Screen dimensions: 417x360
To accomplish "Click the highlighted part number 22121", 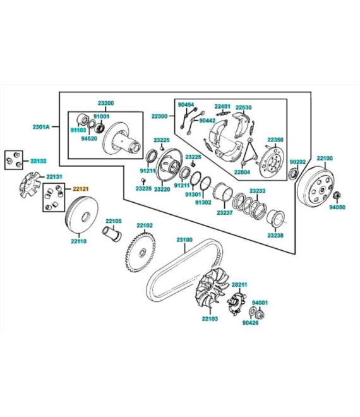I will pyautogui.click(x=81, y=188).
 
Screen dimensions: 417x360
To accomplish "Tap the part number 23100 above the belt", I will pyautogui.click(x=184, y=241).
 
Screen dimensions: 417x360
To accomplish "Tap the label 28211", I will pyautogui.click(x=238, y=285).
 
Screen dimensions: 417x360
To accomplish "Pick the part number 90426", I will pyautogui.click(x=251, y=322).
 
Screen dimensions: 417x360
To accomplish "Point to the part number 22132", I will pyautogui.click(x=39, y=161).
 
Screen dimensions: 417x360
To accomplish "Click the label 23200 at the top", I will pyautogui.click(x=105, y=102).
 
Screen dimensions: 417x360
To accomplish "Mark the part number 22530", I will pyautogui.click(x=244, y=107).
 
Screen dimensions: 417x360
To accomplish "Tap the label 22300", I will pyautogui.click(x=159, y=116).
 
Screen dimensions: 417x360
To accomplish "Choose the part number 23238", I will pyautogui.click(x=275, y=235).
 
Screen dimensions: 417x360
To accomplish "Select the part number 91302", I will pyautogui.click(x=203, y=203).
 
